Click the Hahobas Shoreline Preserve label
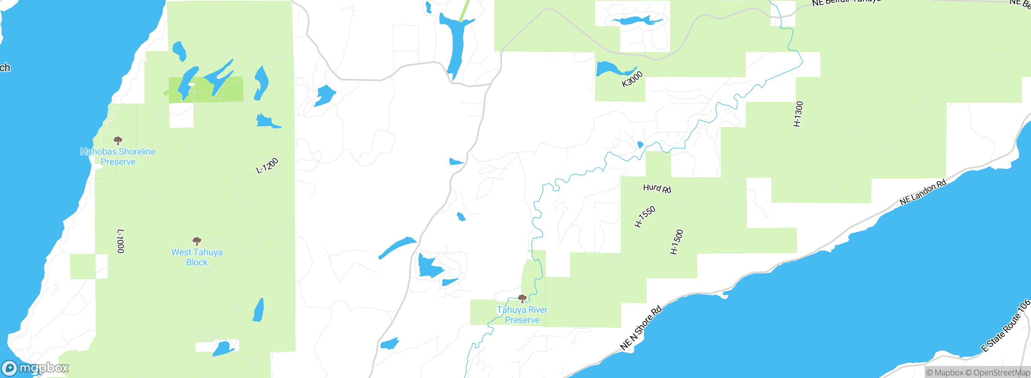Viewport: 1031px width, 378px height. tap(118, 157)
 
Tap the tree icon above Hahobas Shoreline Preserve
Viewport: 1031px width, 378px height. tap(118, 141)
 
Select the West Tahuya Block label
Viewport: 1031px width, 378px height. tap(197, 257)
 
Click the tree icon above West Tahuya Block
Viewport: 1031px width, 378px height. tap(197, 241)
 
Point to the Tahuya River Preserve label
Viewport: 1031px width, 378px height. tap(522, 315)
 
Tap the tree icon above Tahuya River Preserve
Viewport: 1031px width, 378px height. tap(522, 298)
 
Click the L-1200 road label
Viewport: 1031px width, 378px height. tap(267, 166)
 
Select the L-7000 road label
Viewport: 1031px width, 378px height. tap(120, 241)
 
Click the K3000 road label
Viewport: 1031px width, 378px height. tap(632, 79)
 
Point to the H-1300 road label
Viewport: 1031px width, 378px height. tap(798, 114)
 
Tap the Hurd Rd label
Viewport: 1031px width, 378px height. tap(657, 188)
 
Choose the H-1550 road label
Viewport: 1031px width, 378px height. tap(645, 217)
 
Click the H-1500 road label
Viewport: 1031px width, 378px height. tap(677, 242)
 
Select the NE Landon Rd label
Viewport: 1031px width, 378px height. tap(923, 193)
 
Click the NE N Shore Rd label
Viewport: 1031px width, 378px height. tap(641, 328)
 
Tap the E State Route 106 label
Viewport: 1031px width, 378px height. tap(1006, 326)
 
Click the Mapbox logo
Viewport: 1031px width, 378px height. tap(35, 368)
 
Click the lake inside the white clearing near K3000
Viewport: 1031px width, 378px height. tap(636, 20)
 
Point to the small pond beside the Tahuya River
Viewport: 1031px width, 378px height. tap(640, 145)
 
